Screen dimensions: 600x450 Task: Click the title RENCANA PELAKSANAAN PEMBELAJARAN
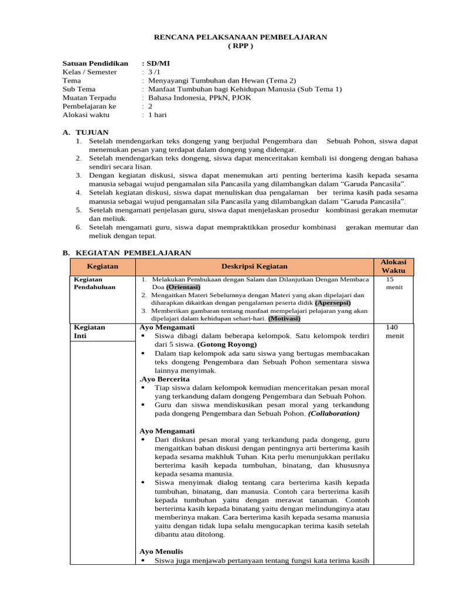240,37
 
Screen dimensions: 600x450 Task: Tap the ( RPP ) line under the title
240,46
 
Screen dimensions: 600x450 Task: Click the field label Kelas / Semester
90,71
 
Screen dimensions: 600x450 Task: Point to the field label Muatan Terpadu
89,98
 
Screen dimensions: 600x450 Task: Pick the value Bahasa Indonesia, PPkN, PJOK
199,98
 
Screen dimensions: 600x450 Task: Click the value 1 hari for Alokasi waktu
157,115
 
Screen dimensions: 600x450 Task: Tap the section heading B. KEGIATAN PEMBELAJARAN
127,253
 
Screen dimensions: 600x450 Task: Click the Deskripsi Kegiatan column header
254,267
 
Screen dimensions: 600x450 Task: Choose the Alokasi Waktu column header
393,267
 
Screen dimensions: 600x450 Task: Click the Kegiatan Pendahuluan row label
94,283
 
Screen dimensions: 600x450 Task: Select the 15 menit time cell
394,283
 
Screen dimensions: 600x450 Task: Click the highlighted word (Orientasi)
183,287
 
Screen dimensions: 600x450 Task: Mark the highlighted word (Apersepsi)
332,303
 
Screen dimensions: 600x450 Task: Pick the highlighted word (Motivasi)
284,318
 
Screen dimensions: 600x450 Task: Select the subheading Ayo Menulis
161,551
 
